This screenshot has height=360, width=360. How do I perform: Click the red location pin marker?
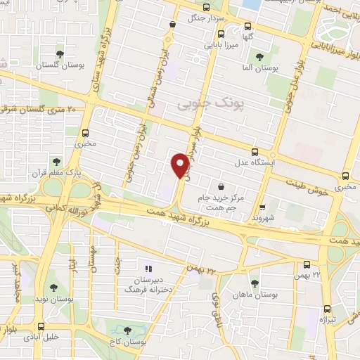[x=179, y=165]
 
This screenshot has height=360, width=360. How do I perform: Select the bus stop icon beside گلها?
[x=221, y=33]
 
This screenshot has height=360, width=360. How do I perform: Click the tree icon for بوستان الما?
[x=259, y=57]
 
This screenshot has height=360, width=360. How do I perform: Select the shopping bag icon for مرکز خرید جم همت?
[x=222, y=186]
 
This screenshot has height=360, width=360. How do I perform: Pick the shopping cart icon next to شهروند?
[x=262, y=207]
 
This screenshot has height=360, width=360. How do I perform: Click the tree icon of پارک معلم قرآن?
[x=56, y=162]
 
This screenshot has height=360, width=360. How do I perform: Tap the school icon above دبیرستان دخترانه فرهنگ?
[x=148, y=268]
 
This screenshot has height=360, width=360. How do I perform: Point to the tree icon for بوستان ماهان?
[x=255, y=283]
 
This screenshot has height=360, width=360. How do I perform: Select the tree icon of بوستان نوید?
[x=53, y=287]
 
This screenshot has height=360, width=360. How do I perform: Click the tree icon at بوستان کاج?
[x=127, y=330]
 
